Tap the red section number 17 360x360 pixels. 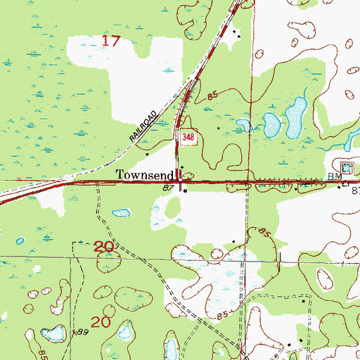pyautogui.click(x=111, y=41)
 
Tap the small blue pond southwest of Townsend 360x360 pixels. pyautogui.click(x=122, y=212)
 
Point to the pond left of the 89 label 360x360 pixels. pyautogui.click(x=50, y=333)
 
